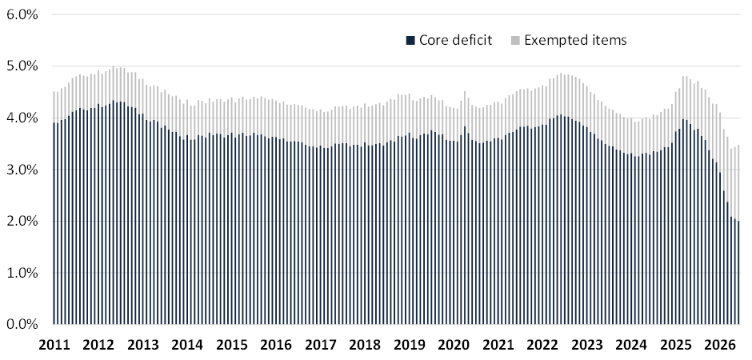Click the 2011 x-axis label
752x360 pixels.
[x=54, y=345]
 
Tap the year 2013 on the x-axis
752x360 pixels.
[x=142, y=345]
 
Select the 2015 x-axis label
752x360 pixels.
[x=231, y=345]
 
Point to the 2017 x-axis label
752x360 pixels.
[x=320, y=345]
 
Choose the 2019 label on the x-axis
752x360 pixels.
[x=409, y=345]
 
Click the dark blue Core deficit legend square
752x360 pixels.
[x=410, y=41]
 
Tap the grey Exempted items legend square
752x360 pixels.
[x=514, y=41]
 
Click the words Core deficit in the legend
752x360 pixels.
[x=456, y=40]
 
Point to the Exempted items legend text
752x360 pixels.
[x=575, y=40]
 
